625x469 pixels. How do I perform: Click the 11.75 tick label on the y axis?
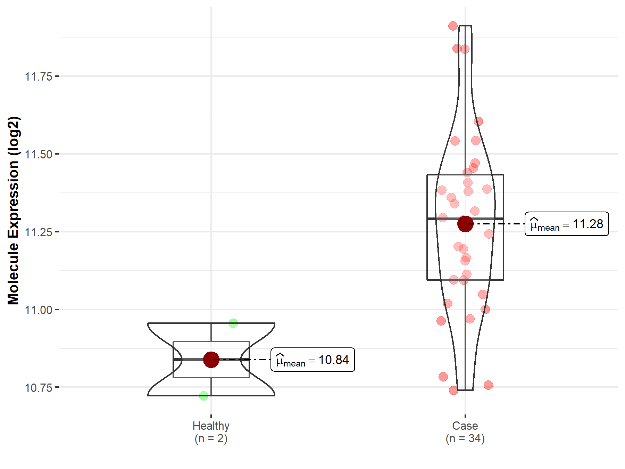click(38, 76)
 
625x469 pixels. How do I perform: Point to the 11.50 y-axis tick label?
click(38, 154)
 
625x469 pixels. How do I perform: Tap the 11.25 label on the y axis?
click(38, 232)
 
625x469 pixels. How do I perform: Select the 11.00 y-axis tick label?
click(38, 310)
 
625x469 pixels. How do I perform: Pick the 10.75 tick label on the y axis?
click(38, 388)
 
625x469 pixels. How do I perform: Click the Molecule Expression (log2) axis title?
click(13, 211)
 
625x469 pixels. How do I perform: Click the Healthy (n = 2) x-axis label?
click(211, 432)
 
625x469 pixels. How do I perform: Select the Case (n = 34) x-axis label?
click(465, 432)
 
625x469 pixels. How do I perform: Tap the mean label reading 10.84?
click(312, 360)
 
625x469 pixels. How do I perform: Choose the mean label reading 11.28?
click(567, 224)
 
